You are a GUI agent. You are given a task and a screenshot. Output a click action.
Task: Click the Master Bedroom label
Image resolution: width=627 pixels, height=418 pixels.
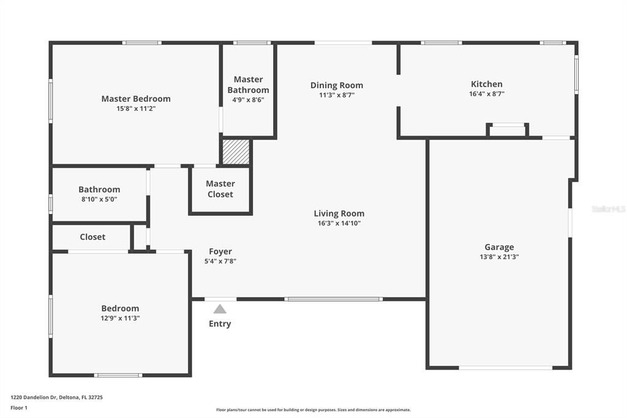click(136, 99)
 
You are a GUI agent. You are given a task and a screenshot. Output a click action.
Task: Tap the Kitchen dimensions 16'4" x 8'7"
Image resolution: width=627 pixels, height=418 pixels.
click(486, 94)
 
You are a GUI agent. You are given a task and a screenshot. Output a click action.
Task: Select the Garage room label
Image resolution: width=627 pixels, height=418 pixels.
click(499, 247)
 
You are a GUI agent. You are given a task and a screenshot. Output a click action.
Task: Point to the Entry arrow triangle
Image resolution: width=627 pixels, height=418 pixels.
click(220, 309)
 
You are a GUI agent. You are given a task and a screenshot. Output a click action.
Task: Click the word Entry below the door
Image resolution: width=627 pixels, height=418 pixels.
click(220, 324)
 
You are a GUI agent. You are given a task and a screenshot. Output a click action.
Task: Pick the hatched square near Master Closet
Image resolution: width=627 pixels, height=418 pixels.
click(236, 152)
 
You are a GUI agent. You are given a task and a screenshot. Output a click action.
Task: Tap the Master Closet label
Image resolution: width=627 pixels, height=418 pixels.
click(220, 189)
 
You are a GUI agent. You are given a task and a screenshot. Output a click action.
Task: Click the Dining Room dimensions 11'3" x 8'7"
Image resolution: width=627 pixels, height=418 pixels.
click(336, 95)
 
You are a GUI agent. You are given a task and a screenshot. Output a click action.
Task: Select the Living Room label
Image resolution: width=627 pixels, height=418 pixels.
click(339, 213)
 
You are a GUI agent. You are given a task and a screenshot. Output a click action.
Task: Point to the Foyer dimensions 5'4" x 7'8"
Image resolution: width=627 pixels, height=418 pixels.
click(220, 261)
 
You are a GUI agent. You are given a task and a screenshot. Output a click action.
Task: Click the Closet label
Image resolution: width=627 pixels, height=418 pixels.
click(92, 237)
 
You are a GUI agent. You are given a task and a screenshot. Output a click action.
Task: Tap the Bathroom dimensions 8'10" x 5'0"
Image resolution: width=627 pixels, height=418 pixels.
click(99, 199)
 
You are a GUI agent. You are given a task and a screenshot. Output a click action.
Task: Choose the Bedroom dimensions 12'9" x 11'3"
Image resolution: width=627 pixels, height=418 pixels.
click(120, 318)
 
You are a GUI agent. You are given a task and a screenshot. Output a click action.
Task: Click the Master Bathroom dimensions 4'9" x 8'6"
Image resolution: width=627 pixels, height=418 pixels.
click(248, 100)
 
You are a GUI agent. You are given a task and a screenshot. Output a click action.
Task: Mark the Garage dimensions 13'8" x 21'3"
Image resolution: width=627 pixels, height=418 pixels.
click(499, 257)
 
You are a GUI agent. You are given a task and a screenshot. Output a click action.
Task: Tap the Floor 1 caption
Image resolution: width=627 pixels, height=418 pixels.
click(19, 408)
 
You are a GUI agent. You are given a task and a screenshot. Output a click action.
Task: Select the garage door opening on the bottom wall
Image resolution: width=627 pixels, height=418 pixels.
click(506, 368)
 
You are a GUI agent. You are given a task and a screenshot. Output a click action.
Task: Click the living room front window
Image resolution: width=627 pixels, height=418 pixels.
click(334, 299)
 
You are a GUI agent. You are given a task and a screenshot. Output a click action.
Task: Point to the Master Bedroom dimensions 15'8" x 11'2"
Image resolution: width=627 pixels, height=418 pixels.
click(136, 108)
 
